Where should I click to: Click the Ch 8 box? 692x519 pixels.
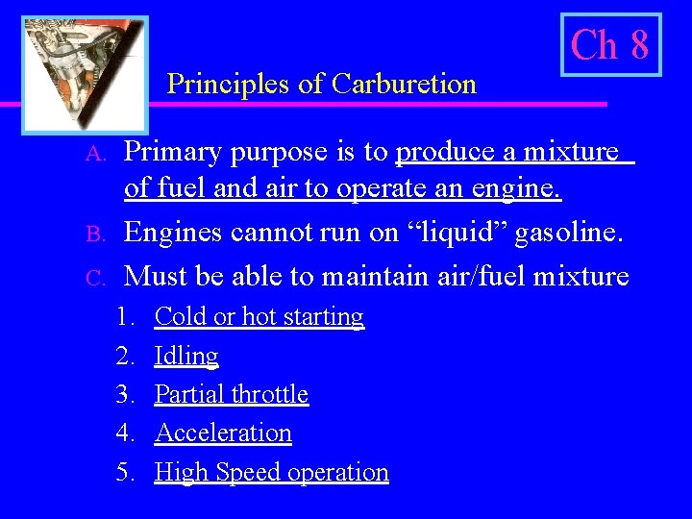[x=610, y=45]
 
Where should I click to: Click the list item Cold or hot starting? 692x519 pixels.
[x=259, y=317]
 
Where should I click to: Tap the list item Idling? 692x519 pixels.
[x=186, y=357]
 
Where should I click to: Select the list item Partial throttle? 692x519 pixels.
[x=232, y=394]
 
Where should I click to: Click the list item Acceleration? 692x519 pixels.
[x=223, y=433]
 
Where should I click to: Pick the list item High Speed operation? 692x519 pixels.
[x=272, y=473]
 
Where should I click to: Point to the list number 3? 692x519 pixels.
[x=125, y=394]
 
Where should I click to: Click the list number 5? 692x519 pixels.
[x=125, y=473]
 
